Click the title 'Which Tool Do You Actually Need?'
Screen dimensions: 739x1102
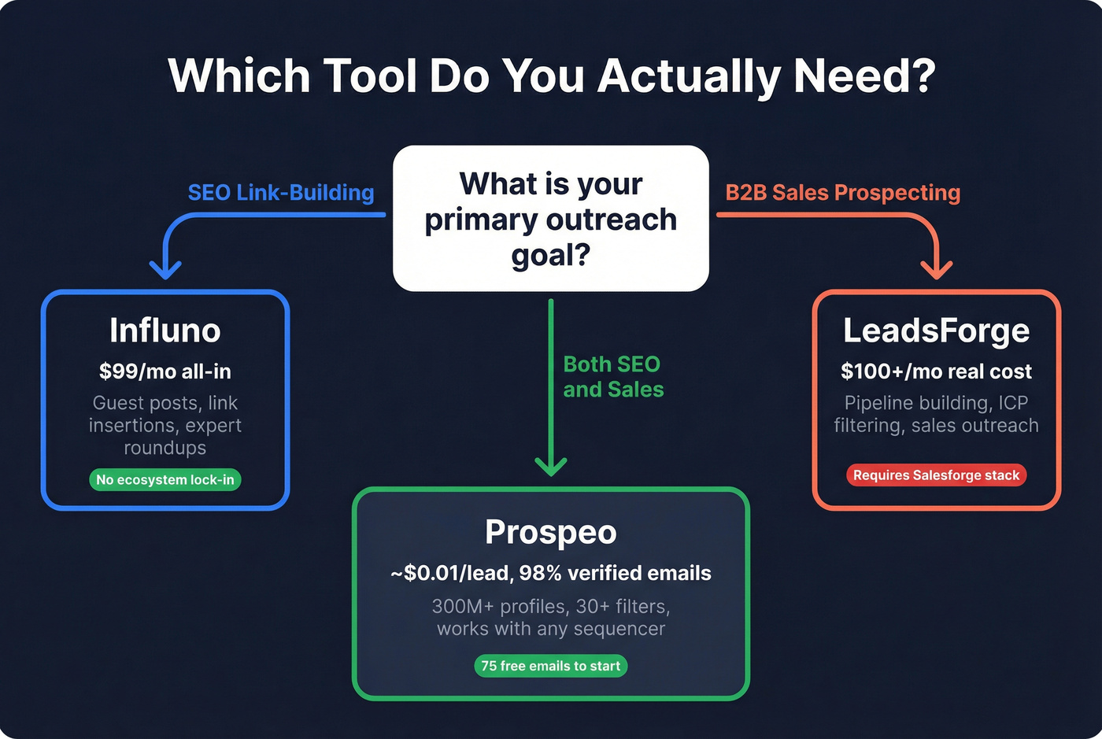click(551, 76)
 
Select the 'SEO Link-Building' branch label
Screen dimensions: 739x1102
click(281, 193)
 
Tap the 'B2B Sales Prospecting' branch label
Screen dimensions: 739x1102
click(842, 193)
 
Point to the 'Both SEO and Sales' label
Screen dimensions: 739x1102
click(613, 377)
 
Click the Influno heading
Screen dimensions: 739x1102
click(165, 331)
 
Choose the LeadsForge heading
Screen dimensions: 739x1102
click(936, 331)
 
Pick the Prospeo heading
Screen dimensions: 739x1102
click(551, 532)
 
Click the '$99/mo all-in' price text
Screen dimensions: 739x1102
click(165, 371)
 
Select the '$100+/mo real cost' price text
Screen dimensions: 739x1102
click(936, 371)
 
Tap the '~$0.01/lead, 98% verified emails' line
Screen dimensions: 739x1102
click(551, 573)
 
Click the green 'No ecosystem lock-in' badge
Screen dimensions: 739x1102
click(165, 480)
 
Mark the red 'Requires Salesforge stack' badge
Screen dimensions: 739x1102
click(936, 475)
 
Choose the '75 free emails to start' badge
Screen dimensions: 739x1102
click(551, 666)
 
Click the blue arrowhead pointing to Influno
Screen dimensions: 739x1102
click(165, 271)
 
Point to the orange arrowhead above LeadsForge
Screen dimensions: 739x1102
click(936, 271)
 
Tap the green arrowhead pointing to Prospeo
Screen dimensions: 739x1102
click(551, 467)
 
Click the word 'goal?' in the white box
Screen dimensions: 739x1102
click(551, 256)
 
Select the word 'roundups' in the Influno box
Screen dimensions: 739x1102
click(165, 448)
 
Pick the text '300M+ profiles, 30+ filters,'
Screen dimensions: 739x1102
click(551, 607)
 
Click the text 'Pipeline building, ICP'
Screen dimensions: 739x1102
click(936, 403)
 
